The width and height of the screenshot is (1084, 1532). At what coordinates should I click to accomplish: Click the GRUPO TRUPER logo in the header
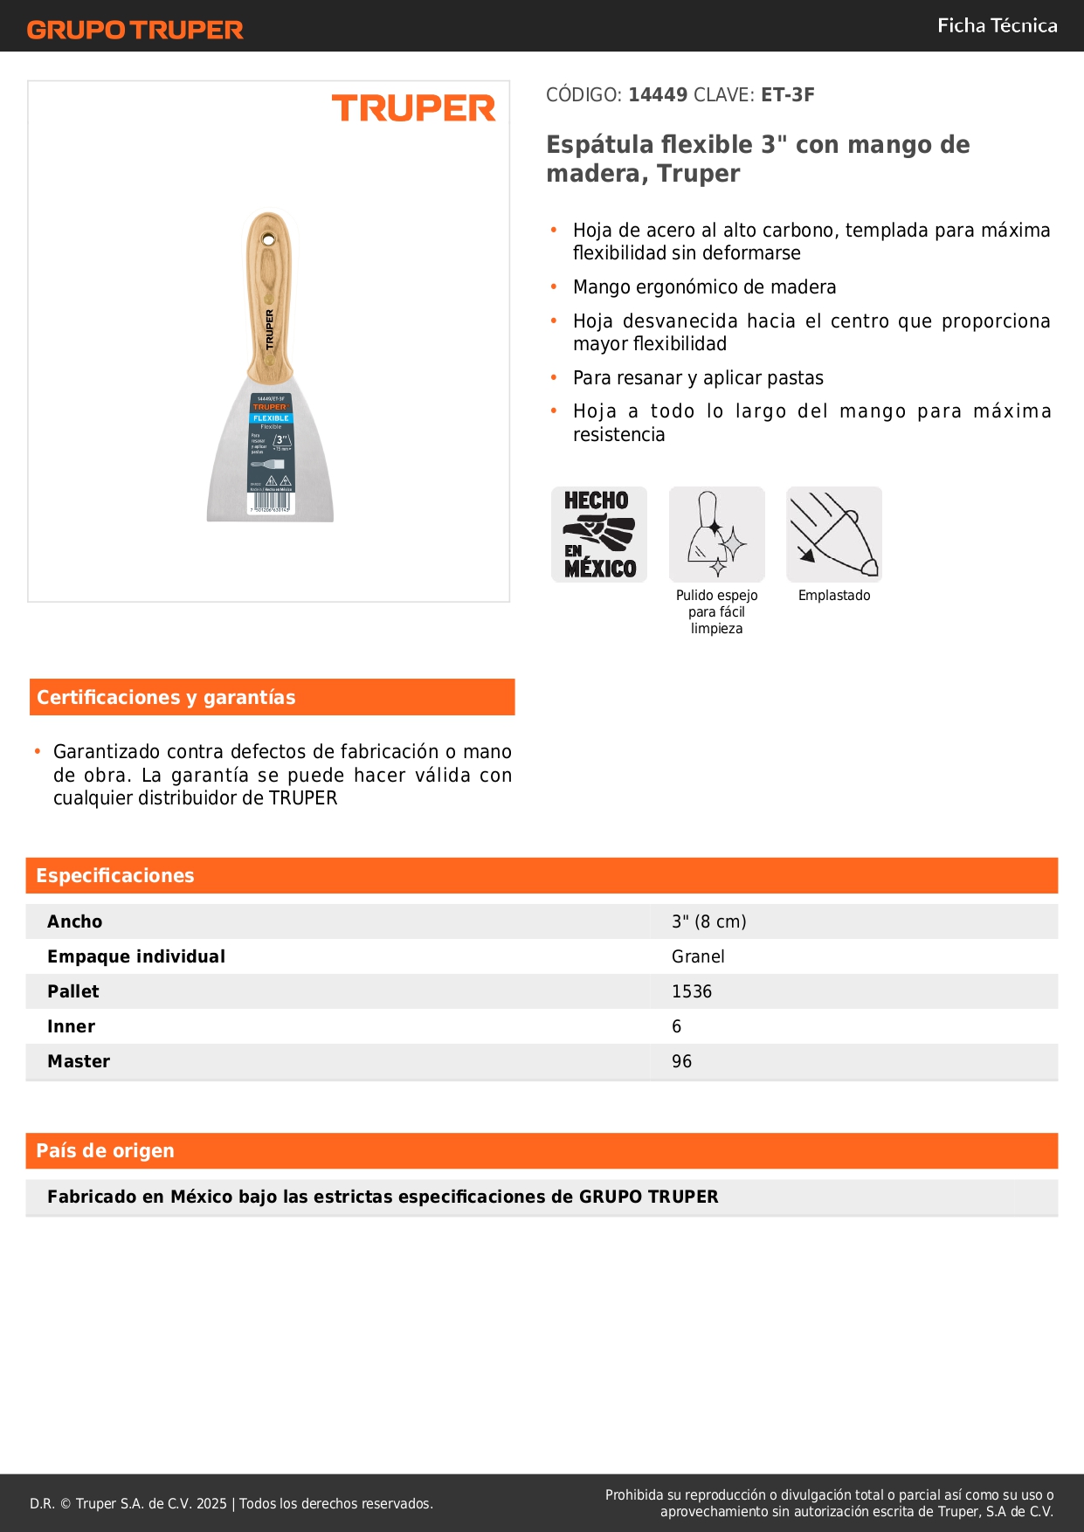pos(135,30)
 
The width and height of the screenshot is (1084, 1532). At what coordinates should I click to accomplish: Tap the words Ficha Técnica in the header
pos(997,26)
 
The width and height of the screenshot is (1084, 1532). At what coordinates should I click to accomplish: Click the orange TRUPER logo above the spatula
pos(413,108)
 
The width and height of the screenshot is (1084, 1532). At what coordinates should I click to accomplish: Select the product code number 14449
pos(658,95)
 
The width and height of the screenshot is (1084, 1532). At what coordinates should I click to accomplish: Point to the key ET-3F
pos(787,95)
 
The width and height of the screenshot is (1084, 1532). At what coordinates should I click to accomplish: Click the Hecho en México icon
pos(599,535)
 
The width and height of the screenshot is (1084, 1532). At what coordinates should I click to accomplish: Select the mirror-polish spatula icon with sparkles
pos(716,535)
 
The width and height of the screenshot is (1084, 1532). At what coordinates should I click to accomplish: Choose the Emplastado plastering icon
pos(834,535)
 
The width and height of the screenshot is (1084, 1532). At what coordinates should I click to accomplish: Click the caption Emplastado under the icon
pos(834,596)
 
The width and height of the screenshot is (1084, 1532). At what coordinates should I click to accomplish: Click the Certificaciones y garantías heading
pos(166,698)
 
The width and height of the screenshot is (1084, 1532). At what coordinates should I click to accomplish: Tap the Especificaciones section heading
pos(115,876)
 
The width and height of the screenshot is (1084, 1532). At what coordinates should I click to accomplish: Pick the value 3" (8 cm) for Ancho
pos(708,921)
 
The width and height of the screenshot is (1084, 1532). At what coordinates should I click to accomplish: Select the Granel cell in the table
pos(698,956)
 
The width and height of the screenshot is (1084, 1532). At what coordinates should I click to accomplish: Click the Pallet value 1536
pos(692,991)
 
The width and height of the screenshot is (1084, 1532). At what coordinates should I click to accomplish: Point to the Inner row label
pos(71,1026)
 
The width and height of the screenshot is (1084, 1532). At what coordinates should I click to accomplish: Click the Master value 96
pos(681,1061)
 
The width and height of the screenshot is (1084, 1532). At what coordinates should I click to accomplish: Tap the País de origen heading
pos(105,1151)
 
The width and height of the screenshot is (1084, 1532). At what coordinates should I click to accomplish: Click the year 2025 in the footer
pos(211,1503)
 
